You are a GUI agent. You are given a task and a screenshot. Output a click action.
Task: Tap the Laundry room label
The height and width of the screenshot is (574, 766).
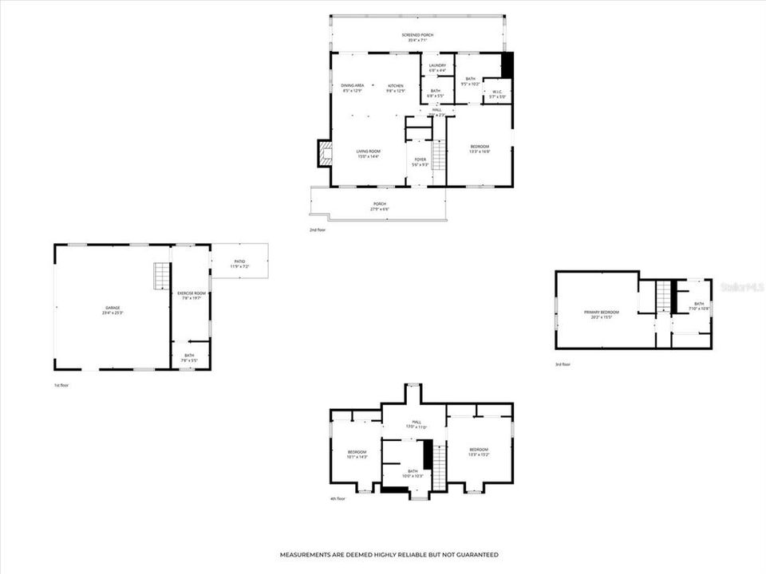click(x=437, y=68)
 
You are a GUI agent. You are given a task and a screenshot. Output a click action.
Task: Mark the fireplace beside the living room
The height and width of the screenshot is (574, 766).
click(x=324, y=153)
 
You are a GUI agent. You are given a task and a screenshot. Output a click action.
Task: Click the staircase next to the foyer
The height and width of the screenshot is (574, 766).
click(x=438, y=155)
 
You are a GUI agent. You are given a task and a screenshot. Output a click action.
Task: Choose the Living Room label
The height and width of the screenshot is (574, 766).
click(x=368, y=153)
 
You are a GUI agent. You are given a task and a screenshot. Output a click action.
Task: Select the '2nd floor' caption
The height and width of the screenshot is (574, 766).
click(x=318, y=230)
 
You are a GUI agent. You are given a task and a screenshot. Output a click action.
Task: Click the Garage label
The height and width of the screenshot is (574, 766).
click(x=113, y=309)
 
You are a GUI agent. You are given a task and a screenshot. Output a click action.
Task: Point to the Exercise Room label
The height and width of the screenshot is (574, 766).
click(x=191, y=295)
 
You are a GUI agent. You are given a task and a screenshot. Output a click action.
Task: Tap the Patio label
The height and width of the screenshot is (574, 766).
click(x=240, y=263)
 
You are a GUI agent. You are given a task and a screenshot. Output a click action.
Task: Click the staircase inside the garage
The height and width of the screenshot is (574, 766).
click(x=162, y=275)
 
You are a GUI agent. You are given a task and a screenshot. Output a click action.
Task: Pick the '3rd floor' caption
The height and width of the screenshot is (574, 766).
click(x=563, y=364)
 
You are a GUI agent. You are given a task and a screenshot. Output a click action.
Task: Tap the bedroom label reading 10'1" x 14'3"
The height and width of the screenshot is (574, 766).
click(x=357, y=454)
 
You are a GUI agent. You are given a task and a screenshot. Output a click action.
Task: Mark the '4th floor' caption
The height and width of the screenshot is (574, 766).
click(x=338, y=499)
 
